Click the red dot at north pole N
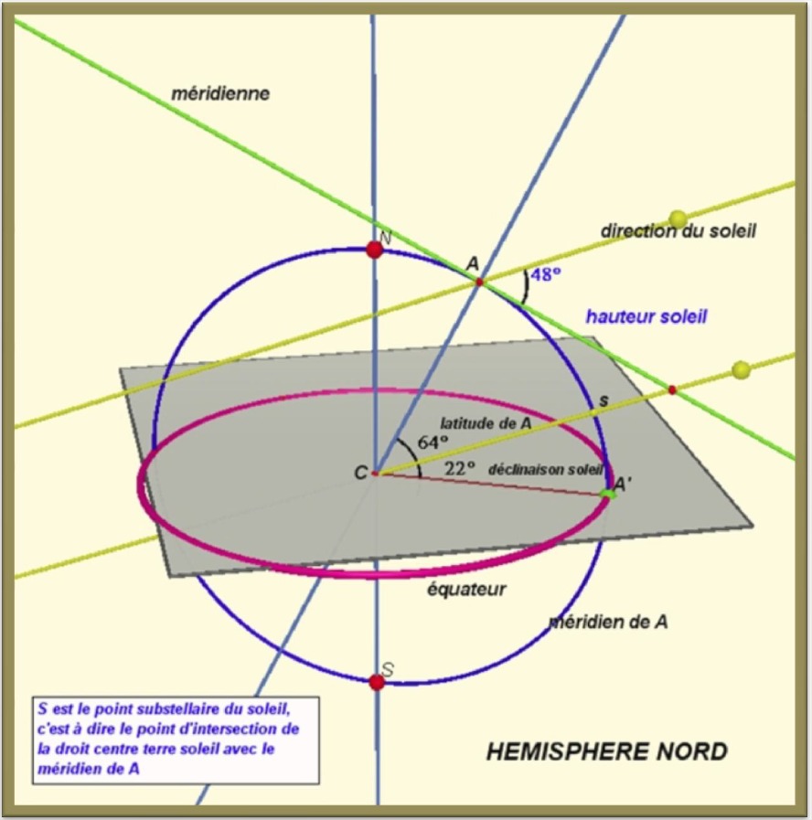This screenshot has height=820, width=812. (374, 250)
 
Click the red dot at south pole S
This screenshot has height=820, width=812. (377, 682)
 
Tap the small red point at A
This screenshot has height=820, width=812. (479, 282)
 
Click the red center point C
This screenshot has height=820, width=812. (375, 474)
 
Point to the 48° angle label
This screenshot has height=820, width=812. (546, 274)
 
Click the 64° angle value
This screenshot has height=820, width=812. (433, 442)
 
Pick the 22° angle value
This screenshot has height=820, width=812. (460, 468)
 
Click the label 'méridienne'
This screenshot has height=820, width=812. (220, 93)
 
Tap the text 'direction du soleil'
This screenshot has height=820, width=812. (678, 230)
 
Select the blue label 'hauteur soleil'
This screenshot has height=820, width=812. (646, 316)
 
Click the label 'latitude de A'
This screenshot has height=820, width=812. (486, 423)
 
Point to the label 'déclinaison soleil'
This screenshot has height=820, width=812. (546, 470)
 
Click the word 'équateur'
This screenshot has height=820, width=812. (466, 590)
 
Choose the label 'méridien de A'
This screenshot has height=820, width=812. (608, 622)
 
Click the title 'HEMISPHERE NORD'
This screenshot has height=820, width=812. (607, 751)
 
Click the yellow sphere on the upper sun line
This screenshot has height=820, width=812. (678, 219)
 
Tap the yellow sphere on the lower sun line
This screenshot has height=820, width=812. (741, 369)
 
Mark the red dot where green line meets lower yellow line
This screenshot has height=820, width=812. (672, 389)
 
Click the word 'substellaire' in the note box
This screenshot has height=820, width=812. (176, 709)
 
